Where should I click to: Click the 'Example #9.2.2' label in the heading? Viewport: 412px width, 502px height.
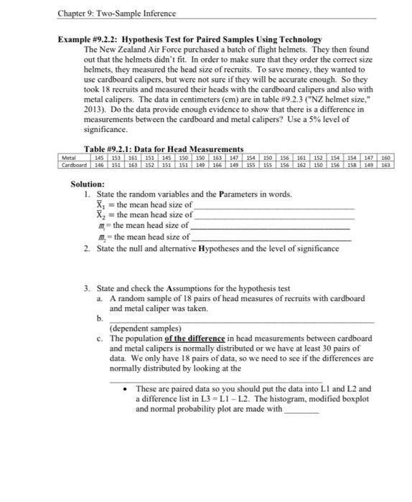(x=89, y=39)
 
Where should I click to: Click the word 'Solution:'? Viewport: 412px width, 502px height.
(x=88, y=184)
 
